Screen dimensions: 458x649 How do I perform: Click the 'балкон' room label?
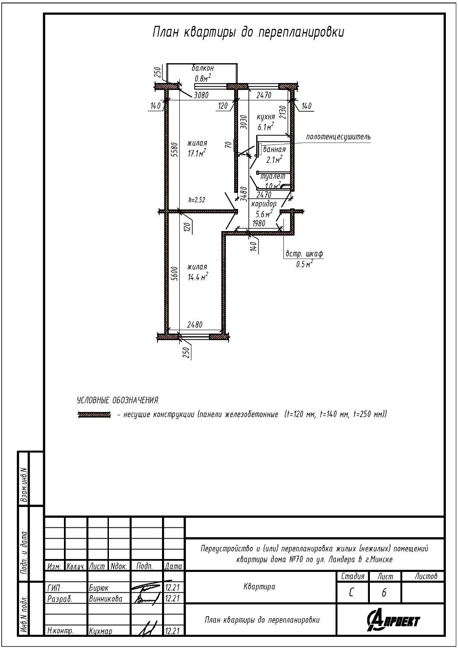click(203, 68)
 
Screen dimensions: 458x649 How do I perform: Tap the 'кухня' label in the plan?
click(266, 117)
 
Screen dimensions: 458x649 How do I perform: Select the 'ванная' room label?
click(274, 150)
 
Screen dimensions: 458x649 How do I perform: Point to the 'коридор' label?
click(264, 204)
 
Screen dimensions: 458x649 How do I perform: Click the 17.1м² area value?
click(197, 153)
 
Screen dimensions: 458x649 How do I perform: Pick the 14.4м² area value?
click(198, 277)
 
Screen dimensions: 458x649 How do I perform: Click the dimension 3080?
click(201, 95)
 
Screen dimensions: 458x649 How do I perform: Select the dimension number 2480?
click(195, 325)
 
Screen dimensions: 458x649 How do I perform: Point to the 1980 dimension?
click(259, 223)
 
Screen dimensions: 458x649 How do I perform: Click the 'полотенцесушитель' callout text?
click(338, 137)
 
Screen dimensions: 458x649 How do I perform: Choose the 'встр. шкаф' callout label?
click(304, 254)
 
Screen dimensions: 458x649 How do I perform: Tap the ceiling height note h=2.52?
click(197, 199)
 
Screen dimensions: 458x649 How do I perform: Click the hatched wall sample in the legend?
click(94, 414)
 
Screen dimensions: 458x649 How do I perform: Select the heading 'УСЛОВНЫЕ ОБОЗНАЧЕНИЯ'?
click(118, 400)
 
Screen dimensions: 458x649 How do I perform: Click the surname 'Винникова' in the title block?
click(105, 599)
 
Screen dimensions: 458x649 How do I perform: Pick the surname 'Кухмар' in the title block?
click(100, 631)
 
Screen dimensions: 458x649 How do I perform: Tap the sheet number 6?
click(384, 593)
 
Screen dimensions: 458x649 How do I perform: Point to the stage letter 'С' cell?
click(351, 593)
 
